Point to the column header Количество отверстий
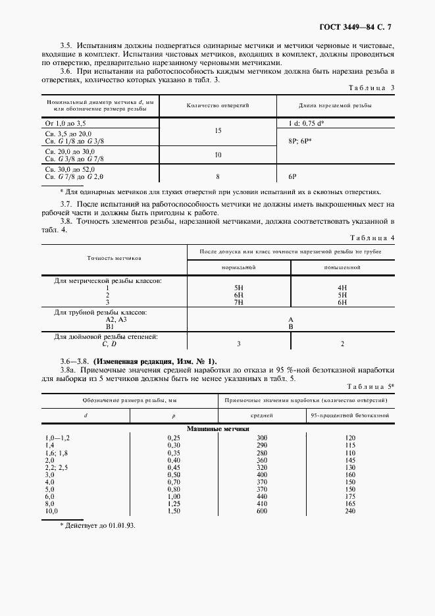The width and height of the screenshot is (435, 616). click(x=218, y=105)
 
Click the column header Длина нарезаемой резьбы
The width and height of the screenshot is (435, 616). click(x=335, y=105)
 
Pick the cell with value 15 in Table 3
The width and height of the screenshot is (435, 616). click(x=218, y=131)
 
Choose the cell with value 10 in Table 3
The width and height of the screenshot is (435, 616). click(x=218, y=155)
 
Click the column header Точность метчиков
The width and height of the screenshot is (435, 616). click(x=114, y=259)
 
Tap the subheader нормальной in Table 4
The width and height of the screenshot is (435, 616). click(x=239, y=268)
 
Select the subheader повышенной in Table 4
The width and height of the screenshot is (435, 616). click(x=342, y=268)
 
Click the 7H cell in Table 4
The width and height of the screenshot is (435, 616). click(x=239, y=301)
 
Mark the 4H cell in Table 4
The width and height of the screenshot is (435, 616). click(x=342, y=288)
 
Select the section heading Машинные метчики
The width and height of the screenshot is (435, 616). click(x=218, y=428)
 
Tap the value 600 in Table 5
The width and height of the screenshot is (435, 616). click(x=262, y=511)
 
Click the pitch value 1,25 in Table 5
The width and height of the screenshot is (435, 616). click(x=174, y=503)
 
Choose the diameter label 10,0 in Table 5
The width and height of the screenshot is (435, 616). click(x=51, y=511)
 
